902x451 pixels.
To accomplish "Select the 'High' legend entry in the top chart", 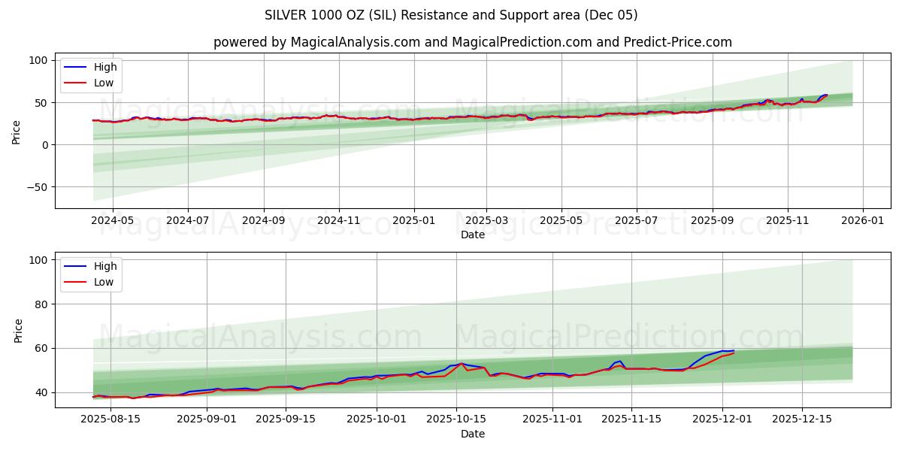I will point(104,67).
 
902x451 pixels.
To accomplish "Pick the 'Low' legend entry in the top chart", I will point(104,83).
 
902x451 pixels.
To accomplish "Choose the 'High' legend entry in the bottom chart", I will point(104,266).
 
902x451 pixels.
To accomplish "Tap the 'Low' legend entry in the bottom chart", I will point(104,282).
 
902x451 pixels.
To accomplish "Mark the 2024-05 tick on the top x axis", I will point(112,222).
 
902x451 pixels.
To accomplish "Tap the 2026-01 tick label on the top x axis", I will point(862,222).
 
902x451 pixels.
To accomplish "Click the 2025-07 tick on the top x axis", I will point(636,222).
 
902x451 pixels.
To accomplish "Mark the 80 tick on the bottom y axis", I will point(41,304).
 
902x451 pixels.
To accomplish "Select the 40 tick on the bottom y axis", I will point(41,392).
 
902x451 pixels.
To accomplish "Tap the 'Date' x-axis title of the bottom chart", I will point(472,434).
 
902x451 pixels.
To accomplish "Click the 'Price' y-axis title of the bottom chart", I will point(18,330).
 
